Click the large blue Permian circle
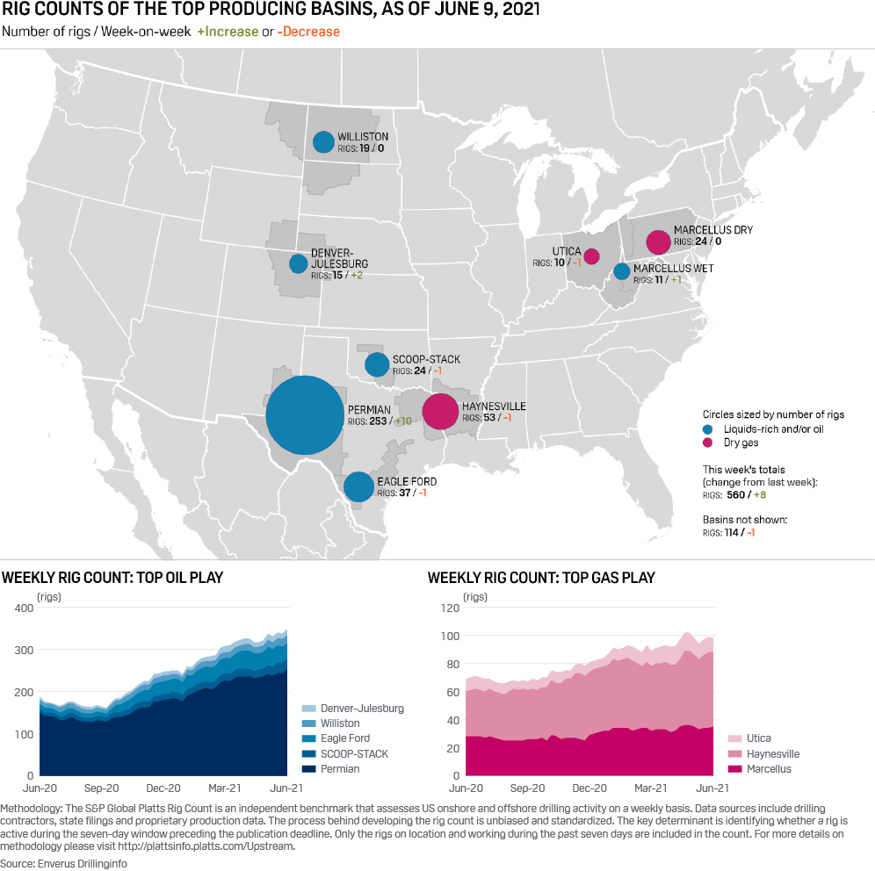coord(304,415)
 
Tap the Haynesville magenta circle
coord(440,411)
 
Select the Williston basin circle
coord(323,141)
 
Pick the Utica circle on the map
coord(591,256)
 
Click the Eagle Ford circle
coord(358,486)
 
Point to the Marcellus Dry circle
coord(658,241)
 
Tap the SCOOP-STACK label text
coord(426,360)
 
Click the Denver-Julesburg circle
coord(299,263)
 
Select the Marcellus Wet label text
coord(674,268)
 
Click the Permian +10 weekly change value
coord(403,421)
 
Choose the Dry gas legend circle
coord(708,443)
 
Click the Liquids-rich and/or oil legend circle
coord(708,429)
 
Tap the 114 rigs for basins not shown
coord(734,532)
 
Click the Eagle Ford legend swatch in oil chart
coord(307,738)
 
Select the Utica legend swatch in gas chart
coord(734,738)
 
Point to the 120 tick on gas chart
coord(449,608)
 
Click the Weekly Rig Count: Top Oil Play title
coord(112,578)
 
